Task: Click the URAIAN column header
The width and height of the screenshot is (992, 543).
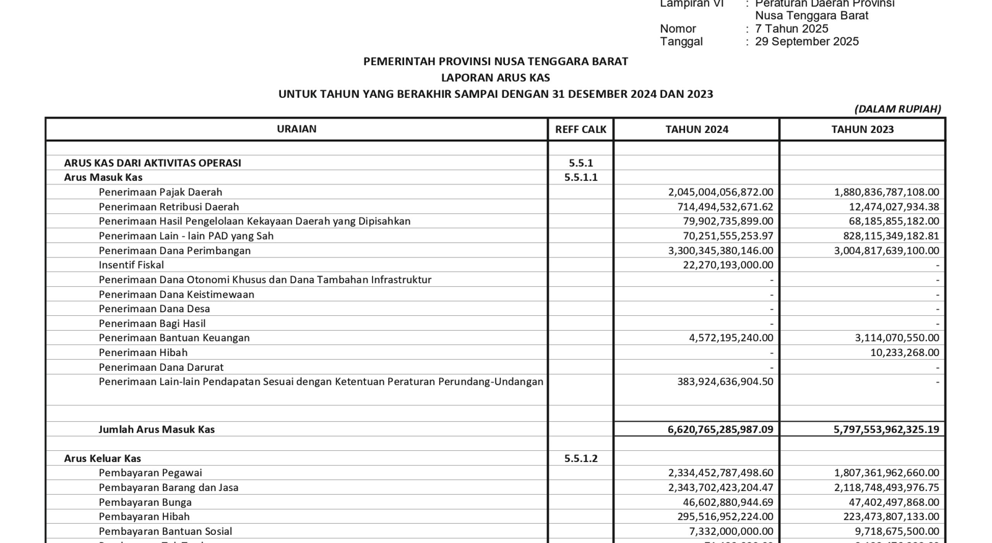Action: coord(296,129)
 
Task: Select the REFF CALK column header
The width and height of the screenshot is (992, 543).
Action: coord(580,129)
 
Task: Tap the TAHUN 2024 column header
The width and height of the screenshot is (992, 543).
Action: coord(697,129)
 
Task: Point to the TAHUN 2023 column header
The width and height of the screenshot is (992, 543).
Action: coord(863,129)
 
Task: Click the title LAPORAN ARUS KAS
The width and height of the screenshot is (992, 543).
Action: coord(496,78)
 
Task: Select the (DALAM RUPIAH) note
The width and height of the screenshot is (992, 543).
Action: coord(898,109)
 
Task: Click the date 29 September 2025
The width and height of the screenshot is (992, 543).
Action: coord(807,42)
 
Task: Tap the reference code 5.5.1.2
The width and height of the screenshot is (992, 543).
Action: coord(580,458)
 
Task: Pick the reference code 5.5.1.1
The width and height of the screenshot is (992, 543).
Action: coord(580,177)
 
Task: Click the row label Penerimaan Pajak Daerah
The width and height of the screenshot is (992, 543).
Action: coord(160,192)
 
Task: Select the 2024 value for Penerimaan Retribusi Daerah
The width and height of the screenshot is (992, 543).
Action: coord(725,207)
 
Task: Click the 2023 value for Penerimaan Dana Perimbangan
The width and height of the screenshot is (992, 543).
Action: coord(887,251)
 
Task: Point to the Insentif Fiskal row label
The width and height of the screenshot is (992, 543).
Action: coord(131,265)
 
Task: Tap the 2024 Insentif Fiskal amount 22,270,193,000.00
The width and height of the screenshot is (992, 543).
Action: coord(728,265)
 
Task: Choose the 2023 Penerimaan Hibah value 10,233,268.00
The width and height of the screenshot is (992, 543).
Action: coord(905,353)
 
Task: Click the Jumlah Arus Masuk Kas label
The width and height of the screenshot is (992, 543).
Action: coord(157,429)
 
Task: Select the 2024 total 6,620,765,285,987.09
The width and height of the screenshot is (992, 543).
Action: coord(720,429)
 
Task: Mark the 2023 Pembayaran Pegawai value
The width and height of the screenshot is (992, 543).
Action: coord(887,473)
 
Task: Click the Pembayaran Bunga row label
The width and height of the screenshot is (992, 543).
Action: coord(145,502)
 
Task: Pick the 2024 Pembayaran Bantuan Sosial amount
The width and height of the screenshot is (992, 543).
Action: coord(730,531)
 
